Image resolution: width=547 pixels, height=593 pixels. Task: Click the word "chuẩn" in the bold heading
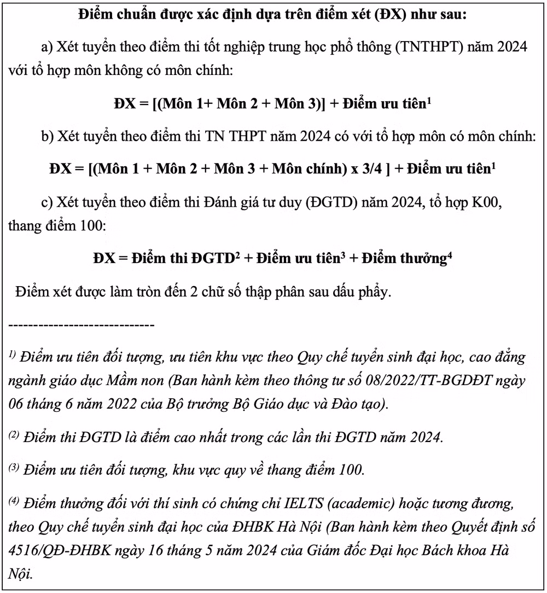pyautogui.click(x=128, y=15)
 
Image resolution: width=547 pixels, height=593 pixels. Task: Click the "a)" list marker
pyautogui.click(x=49, y=47)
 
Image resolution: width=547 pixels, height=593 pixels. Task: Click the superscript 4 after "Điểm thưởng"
pyautogui.click(x=450, y=254)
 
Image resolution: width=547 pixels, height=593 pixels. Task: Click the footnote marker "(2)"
pyautogui.click(x=15, y=437)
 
